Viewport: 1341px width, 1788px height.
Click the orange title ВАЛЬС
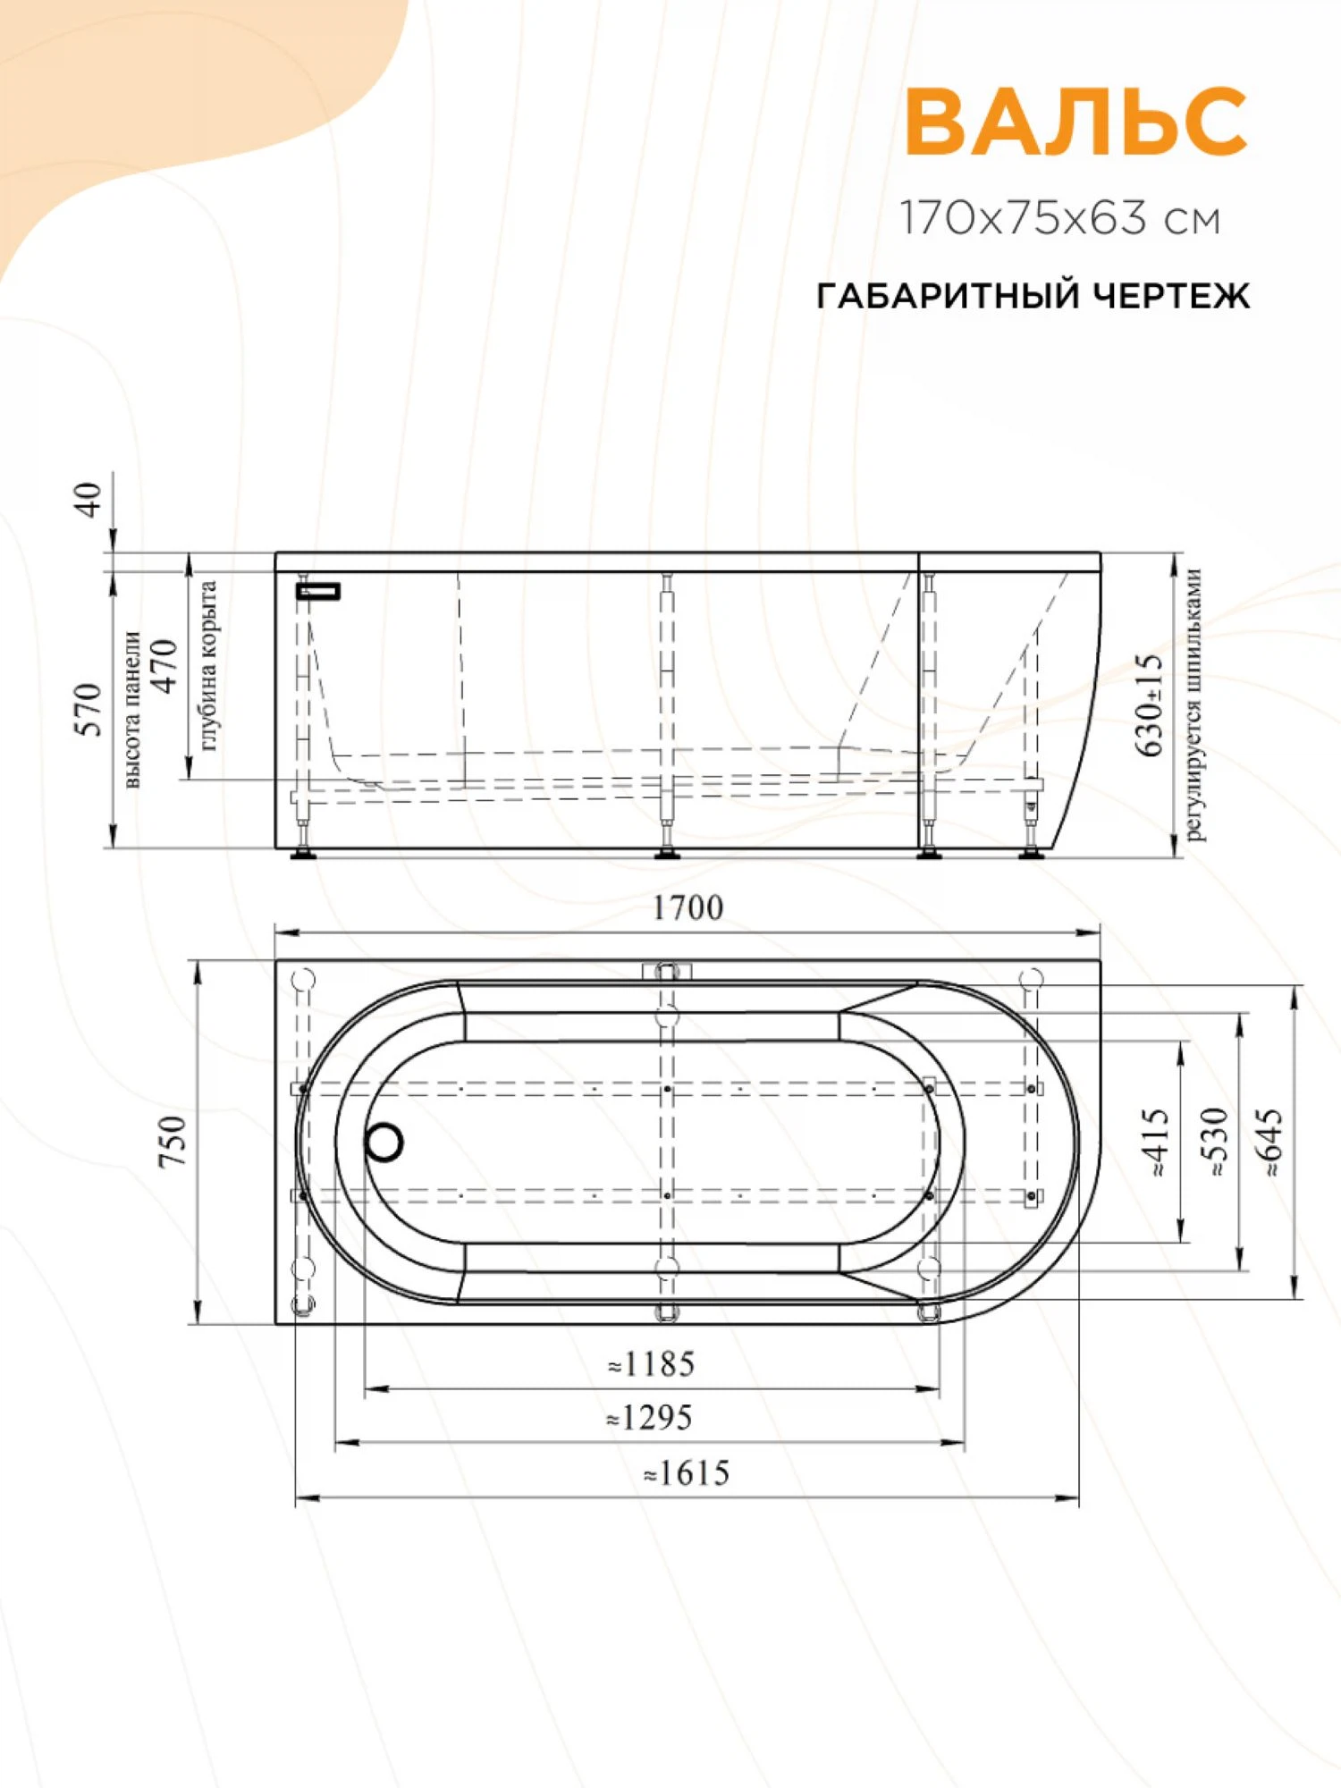point(1075,122)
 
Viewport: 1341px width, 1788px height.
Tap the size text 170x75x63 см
point(1059,218)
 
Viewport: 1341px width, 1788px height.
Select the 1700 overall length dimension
point(687,908)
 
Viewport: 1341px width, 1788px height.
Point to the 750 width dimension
point(172,1141)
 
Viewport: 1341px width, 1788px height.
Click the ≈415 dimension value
point(1156,1142)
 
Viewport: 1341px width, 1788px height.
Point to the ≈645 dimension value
point(1270,1142)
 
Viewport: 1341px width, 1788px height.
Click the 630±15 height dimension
point(1151,704)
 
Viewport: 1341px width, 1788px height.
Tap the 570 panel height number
point(89,709)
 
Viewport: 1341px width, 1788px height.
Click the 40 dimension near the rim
point(89,499)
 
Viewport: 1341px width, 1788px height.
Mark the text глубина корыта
point(207,666)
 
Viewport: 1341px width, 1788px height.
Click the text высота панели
point(131,709)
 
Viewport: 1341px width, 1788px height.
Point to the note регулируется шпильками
point(1194,704)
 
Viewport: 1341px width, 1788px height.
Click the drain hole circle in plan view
point(384,1142)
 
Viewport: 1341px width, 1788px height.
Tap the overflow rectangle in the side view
point(319,591)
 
